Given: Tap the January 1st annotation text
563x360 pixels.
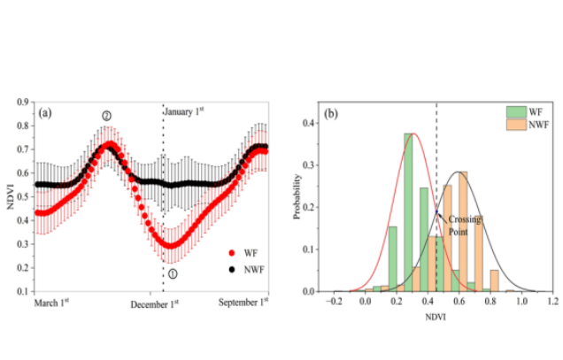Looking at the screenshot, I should [185, 110].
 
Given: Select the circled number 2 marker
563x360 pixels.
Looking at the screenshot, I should [106, 116].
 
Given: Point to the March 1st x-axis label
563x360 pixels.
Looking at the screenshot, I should [56, 303].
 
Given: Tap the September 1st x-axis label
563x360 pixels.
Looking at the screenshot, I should [243, 303].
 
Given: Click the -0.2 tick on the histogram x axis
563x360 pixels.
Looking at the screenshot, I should [335, 302].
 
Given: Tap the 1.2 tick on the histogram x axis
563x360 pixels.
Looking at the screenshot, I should [552, 302].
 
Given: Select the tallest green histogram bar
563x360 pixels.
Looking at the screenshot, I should [408, 212].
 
